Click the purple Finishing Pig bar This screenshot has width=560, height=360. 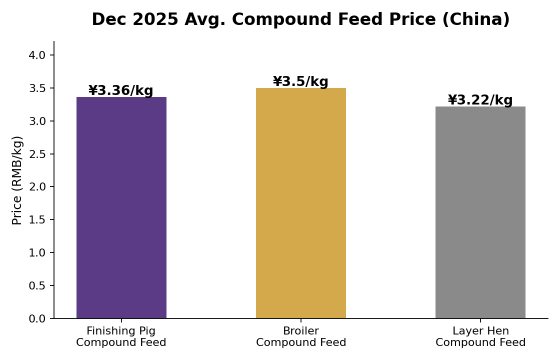[x=121, y=207]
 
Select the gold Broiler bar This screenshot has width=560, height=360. [x=300, y=203]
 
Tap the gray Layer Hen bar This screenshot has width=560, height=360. [x=480, y=212]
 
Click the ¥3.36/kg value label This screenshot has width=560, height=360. [x=121, y=90]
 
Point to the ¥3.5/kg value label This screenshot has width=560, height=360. [x=300, y=81]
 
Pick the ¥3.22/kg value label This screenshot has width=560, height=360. [x=480, y=100]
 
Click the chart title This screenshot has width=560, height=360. [x=300, y=19]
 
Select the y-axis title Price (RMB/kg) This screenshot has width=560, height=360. [x=17, y=180]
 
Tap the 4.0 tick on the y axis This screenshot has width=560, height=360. [x=37, y=55]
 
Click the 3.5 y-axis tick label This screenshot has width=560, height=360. [x=37, y=88]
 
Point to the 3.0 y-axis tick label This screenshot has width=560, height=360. [x=37, y=121]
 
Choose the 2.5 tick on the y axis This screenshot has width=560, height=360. [x=37, y=154]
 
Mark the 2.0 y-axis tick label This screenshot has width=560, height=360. [x=37, y=187]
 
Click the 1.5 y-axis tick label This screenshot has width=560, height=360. [x=37, y=219]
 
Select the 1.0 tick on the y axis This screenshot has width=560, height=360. [x=37, y=252]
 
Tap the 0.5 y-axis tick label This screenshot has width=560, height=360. [x=37, y=285]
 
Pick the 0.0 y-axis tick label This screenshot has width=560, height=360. [x=37, y=318]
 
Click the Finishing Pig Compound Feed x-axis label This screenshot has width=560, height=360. [x=121, y=336]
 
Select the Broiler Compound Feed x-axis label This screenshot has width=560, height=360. [x=300, y=336]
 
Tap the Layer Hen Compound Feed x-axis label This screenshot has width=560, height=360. [x=480, y=336]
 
